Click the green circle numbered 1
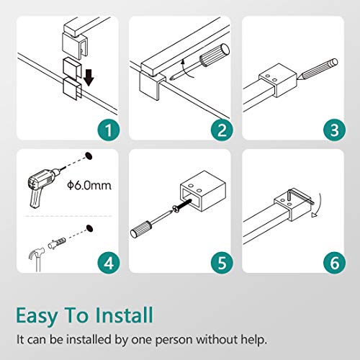pyautogui.click(x=109, y=130)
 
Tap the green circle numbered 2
pyautogui.click(x=222, y=130)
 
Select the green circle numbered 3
pyautogui.click(x=335, y=130)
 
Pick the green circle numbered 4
pyautogui.click(x=109, y=263)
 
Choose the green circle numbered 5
pyautogui.click(x=222, y=263)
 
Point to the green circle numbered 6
pyautogui.click(x=335, y=263)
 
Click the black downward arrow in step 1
pyautogui.click(x=89, y=78)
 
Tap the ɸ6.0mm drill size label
pyautogui.click(x=89, y=186)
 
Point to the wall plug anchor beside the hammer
pyautogui.click(x=57, y=243)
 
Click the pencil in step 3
pyautogui.click(x=318, y=70)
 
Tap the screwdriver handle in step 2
pyautogui.click(x=214, y=55)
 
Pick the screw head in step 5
pyautogui.click(x=176, y=210)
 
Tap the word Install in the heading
pyautogui.click(x=124, y=315)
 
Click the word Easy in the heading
pyautogui.click(x=37, y=316)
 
